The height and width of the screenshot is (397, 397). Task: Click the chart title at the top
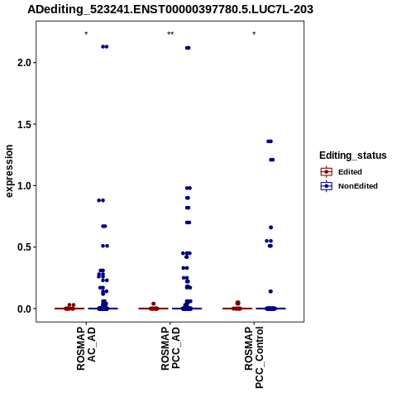170,9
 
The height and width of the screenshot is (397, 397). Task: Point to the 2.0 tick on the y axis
23,63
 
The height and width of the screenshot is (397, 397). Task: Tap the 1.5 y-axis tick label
23,124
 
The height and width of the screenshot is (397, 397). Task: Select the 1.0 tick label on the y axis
23,186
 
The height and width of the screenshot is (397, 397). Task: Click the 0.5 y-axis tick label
23,247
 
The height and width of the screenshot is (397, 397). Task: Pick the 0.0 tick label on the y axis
23,309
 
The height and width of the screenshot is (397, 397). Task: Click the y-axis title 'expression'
9,171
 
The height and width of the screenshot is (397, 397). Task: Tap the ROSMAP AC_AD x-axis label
86,348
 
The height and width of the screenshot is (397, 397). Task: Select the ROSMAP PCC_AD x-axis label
170,348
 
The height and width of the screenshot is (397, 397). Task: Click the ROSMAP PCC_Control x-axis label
254,357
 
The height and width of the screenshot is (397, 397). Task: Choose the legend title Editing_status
353,155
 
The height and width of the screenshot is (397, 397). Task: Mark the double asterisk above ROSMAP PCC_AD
170,34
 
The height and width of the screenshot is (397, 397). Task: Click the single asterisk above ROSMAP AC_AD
86,34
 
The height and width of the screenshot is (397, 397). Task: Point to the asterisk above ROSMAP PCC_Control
254,34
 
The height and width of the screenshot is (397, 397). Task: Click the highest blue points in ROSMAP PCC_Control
270,141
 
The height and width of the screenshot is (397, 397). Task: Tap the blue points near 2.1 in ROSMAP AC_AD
105,46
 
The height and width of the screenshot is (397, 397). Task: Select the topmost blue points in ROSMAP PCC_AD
188,48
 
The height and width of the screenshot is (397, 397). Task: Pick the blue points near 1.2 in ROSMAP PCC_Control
272,160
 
